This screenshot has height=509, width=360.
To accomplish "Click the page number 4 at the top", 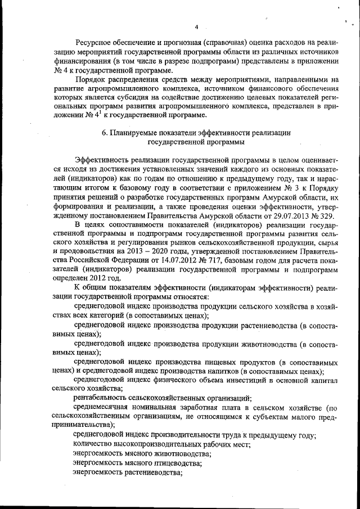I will coord(197,26).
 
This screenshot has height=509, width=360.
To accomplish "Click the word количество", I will coord(92,444).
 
